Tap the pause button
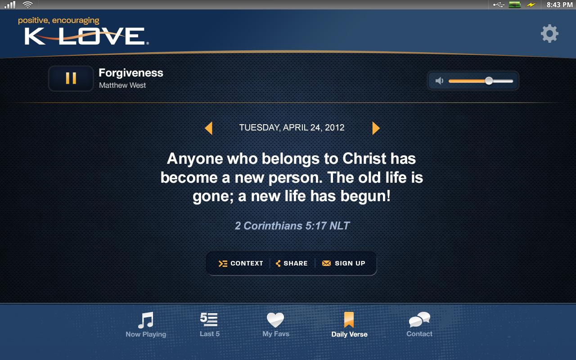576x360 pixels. point(71,79)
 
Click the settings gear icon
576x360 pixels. point(549,34)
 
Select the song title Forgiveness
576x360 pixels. point(131,73)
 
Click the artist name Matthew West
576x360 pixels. point(122,85)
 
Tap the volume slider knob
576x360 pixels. point(489,81)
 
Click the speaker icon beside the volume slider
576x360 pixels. point(440,81)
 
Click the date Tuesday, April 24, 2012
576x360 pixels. point(292,128)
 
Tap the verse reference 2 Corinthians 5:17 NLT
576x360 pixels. point(292,226)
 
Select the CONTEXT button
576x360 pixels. point(241,264)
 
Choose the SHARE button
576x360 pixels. point(292,264)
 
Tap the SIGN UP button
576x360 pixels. point(344,264)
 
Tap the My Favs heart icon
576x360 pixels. point(275,320)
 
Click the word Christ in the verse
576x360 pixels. point(364,159)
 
